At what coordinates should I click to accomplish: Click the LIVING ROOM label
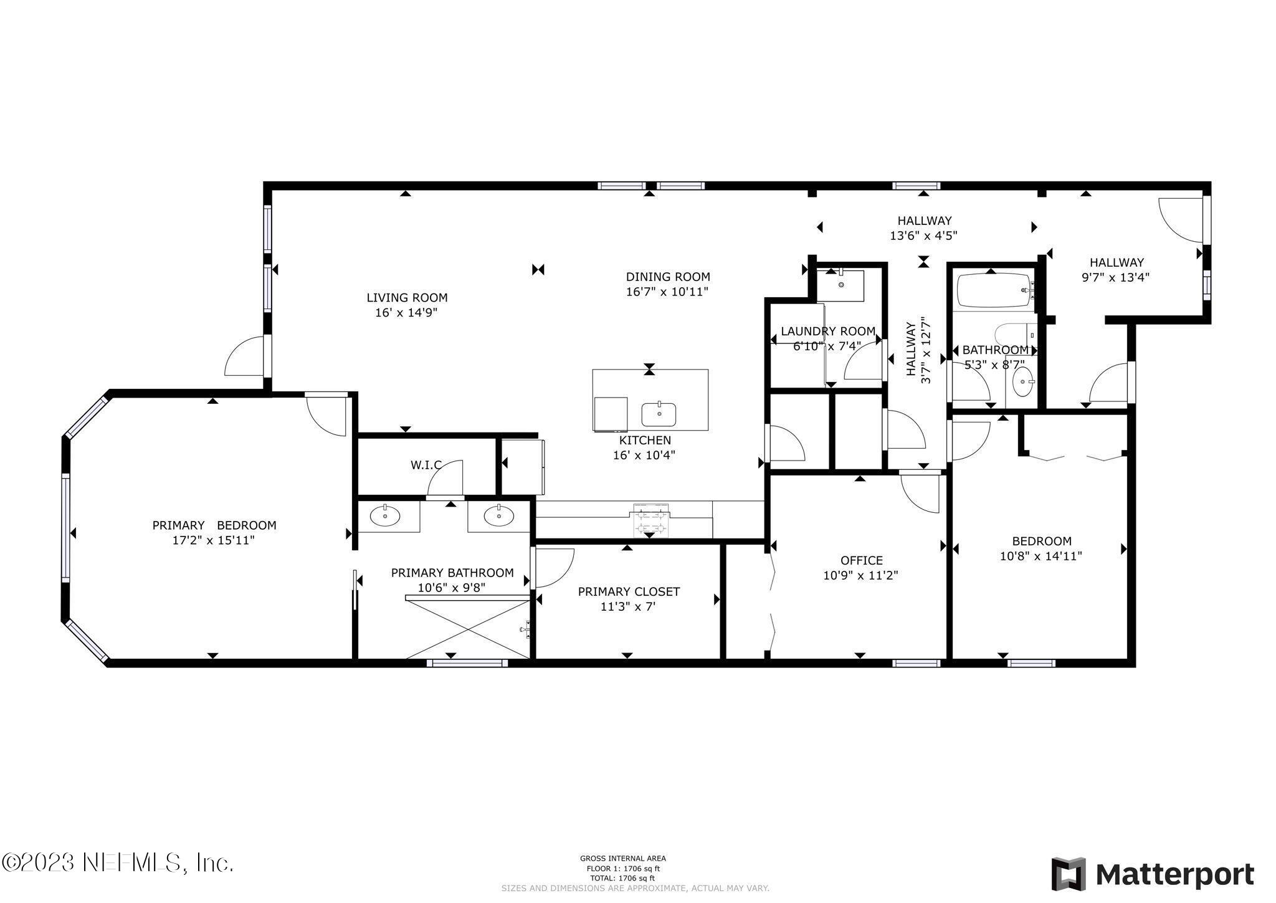pos(406,298)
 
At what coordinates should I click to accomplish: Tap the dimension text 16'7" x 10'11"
pos(667,292)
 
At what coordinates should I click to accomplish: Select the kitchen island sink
pos(659,413)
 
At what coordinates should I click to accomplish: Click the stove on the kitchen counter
pos(650,520)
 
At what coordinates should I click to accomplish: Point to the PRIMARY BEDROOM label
pos(214,525)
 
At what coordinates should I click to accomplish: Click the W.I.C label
pos(426,465)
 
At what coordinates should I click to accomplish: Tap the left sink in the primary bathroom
pos(385,515)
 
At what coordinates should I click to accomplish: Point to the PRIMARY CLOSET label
pos(628,591)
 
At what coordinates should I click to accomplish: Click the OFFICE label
pos(861,560)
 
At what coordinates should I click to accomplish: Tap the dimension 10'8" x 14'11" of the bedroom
pos(1040,556)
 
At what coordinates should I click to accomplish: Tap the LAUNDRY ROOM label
pos(827,332)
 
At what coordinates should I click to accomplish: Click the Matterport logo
pos(1153,874)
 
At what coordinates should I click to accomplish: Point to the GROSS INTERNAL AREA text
pos(622,858)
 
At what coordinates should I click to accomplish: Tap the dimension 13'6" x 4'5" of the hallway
pos(923,236)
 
